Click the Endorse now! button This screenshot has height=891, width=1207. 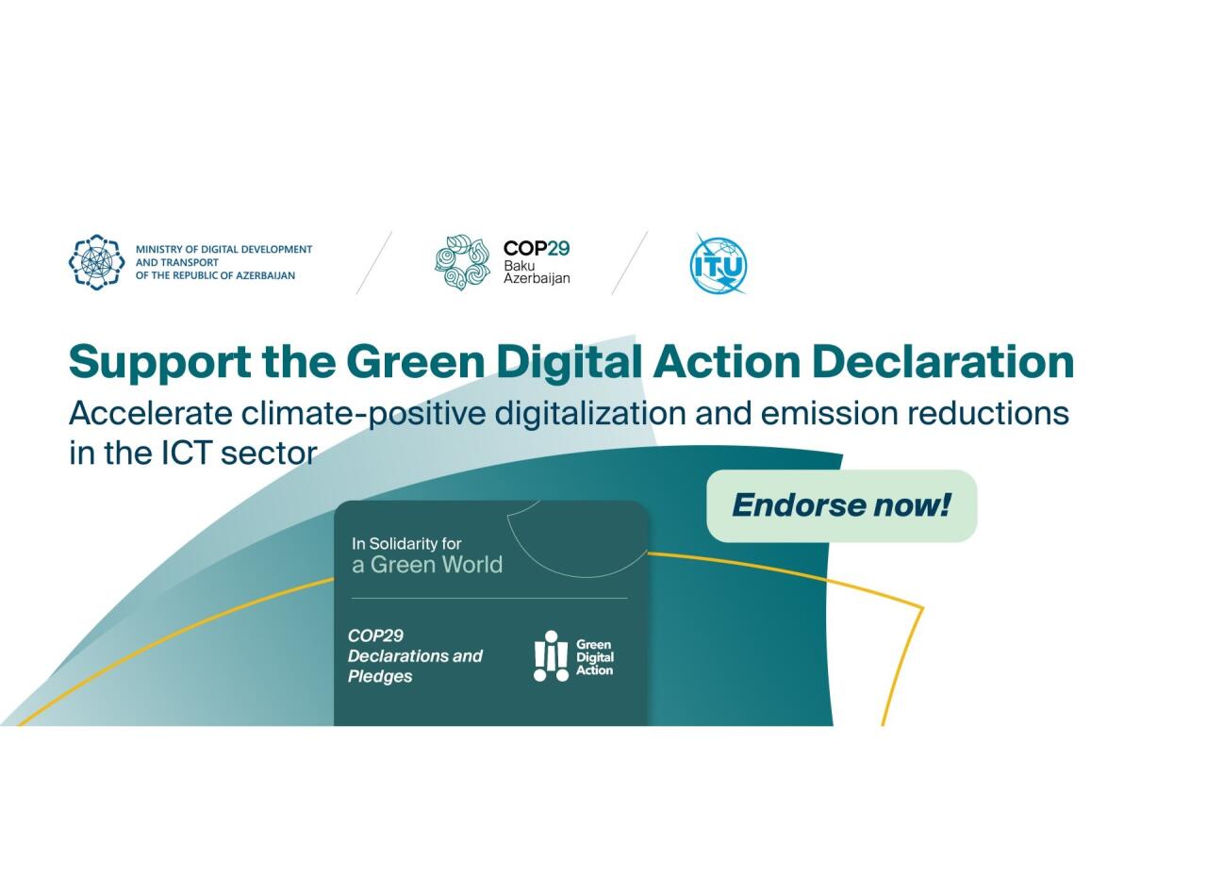point(841,505)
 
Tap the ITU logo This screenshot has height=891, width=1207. point(719,265)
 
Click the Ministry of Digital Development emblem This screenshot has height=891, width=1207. point(96,262)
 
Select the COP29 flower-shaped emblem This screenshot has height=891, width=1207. point(462,262)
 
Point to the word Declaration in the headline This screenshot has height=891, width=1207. point(943,362)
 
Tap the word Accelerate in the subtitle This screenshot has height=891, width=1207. point(151,413)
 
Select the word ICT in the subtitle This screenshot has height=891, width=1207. point(186,453)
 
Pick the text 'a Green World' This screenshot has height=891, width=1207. point(427,565)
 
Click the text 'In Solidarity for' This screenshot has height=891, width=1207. point(406,543)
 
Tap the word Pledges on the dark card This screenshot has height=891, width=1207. point(380,677)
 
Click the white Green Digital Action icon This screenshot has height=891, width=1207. point(551,656)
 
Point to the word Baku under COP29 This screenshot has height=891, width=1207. point(520,266)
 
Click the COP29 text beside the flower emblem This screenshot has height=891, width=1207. point(537,249)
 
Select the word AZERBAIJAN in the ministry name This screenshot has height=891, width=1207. point(265,275)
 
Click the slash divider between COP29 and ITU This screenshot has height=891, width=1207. point(629,263)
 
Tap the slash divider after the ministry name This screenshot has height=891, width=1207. point(373,263)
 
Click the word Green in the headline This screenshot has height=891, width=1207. point(415,362)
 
